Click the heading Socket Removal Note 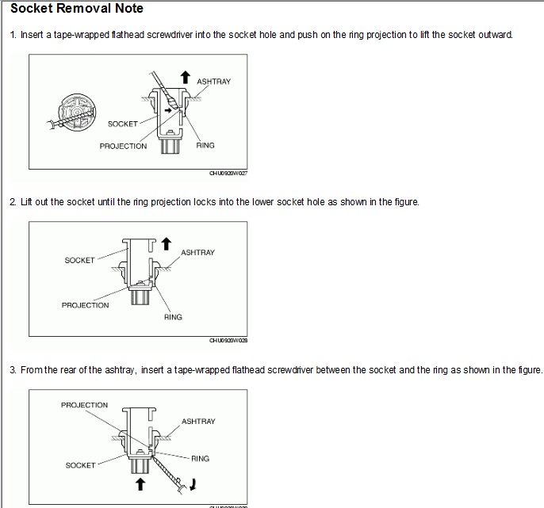pos(76,10)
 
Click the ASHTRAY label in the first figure pos(213,82)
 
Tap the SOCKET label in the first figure pos(123,124)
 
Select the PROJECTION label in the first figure pos(123,146)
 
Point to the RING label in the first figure pos(205,146)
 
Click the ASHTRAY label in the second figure pos(197,253)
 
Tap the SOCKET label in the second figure pos(79,260)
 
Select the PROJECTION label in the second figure pos(85,305)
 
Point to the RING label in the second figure pos(173,317)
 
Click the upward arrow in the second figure pos(165,243)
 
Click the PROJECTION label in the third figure pos(84,405)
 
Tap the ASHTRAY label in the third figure pos(198,422)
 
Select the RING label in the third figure pos(200,458)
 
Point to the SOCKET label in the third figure pos(79,465)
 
